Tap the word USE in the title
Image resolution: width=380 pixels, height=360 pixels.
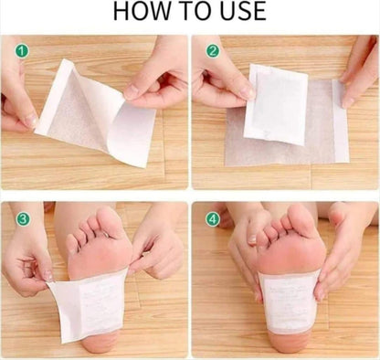click(239, 12)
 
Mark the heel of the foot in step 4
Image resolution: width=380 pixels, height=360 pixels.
click(288, 343)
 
